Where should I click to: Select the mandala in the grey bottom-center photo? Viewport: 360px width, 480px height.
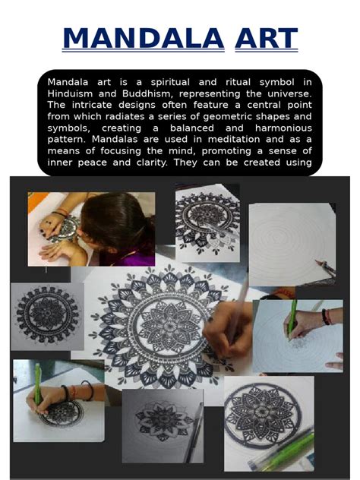tap(158, 415)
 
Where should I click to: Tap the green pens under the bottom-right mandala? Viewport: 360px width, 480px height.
tap(289, 448)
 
